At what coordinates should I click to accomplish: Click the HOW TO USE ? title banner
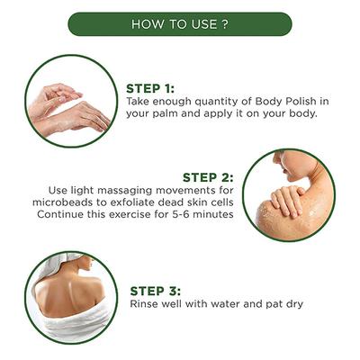(x=180, y=24)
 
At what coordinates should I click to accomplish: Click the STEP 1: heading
(x=150, y=89)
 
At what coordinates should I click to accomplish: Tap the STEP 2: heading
(x=208, y=177)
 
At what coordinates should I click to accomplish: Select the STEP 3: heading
(x=156, y=291)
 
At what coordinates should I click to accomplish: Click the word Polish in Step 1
(x=300, y=101)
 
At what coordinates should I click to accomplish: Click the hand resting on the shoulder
(x=286, y=199)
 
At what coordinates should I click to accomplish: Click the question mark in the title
(x=226, y=24)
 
